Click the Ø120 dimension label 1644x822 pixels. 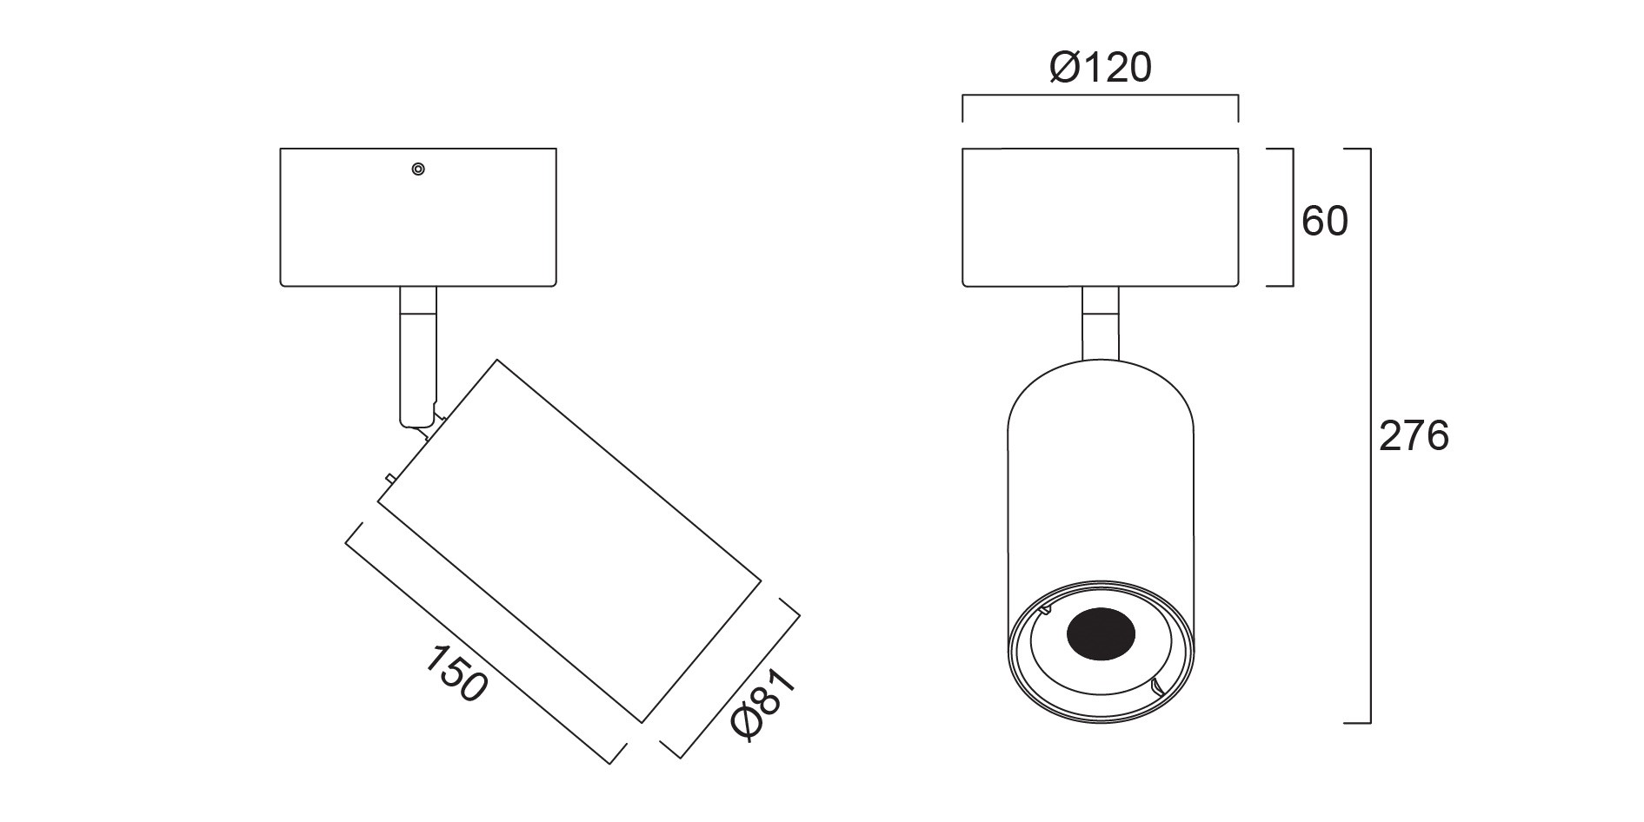tap(1100, 67)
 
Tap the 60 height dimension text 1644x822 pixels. tap(1324, 222)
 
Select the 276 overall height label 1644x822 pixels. tap(1414, 436)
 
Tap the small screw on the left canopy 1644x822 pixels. tap(418, 169)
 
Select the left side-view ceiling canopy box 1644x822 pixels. tap(418, 217)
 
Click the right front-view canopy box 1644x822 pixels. tap(1100, 217)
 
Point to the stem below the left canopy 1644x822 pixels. tap(418, 356)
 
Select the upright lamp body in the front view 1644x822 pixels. tap(1101, 540)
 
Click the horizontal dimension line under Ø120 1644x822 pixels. tap(1100, 96)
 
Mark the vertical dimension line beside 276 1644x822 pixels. tap(1370, 435)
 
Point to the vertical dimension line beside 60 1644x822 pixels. tap(1292, 217)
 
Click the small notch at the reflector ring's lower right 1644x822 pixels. tap(1156, 690)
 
